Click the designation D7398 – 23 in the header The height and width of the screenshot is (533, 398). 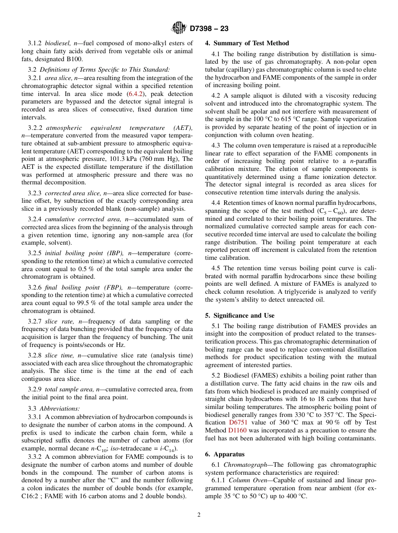click(x=209, y=29)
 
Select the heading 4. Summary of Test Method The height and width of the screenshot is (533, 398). click(x=247, y=43)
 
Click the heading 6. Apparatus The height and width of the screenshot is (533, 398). click(x=225, y=454)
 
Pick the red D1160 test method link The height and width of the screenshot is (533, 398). click(x=237, y=430)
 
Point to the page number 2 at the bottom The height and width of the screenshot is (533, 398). click(x=199, y=515)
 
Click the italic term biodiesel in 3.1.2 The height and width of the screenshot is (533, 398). click(x=57, y=43)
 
